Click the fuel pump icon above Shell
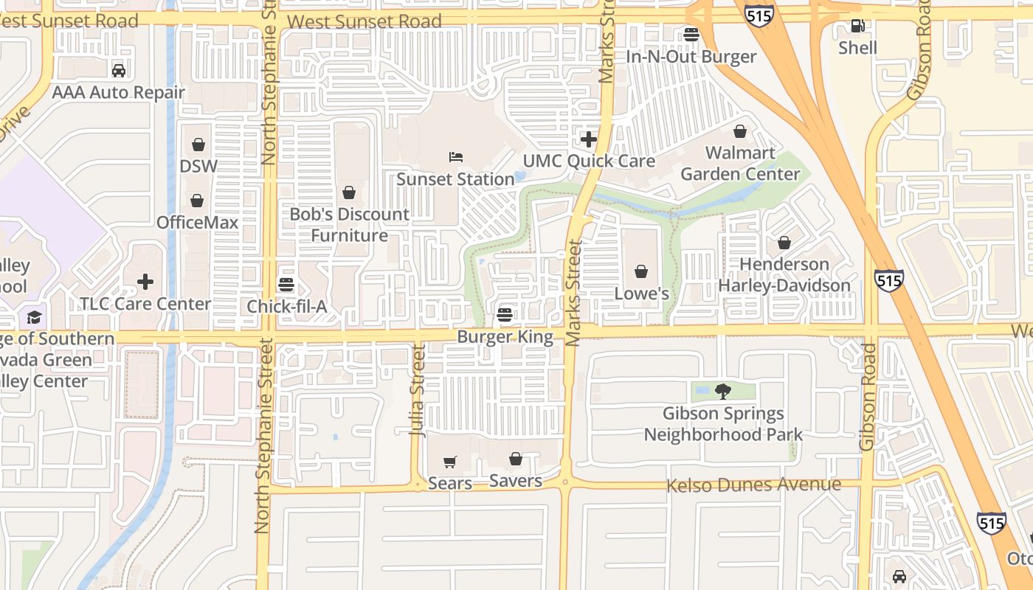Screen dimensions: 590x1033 [857, 27]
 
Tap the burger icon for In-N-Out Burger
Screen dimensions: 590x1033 [691, 34]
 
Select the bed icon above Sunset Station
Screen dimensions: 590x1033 [456, 157]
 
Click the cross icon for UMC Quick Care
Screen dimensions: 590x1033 [589, 139]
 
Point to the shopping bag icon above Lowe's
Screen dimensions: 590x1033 [641, 271]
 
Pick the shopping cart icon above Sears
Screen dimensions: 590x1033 [450, 462]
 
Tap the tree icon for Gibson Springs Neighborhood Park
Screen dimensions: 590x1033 [722, 392]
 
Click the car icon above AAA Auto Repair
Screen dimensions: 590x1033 [118, 71]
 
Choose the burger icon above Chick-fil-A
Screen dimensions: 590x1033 [286, 285]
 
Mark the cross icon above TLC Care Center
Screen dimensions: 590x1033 [145, 281]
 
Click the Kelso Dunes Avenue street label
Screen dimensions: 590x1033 [753, 485]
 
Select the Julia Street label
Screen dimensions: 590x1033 [418, 391]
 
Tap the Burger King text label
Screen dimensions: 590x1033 [505, 337]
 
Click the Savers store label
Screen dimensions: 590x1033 [516, 481]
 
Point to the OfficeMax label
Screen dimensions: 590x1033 [197, 222]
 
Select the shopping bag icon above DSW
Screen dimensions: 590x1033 [198, 145]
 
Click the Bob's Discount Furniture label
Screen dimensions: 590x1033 [349, 224]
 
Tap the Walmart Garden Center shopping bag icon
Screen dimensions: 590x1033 [740, 131]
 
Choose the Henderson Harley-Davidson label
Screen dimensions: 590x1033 [784, 274]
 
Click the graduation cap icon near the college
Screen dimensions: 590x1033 [34, 317]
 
